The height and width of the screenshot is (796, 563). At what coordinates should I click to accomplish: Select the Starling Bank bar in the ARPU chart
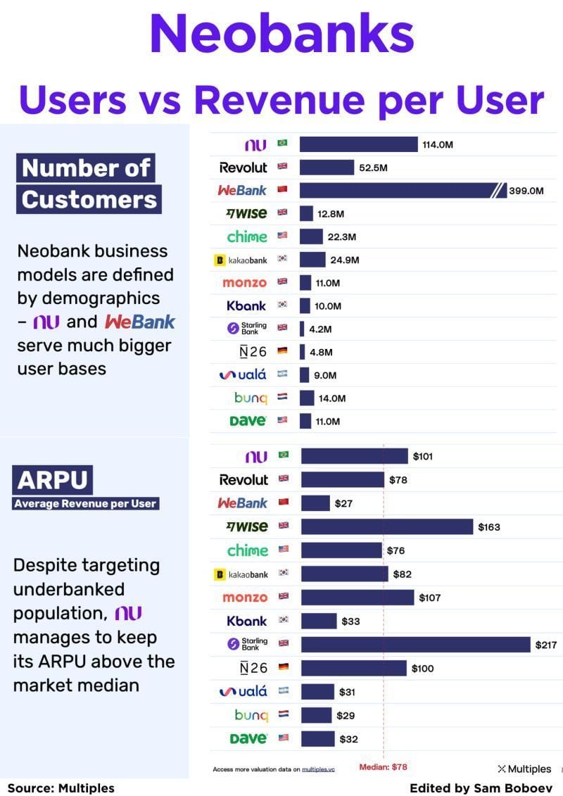[415, 644]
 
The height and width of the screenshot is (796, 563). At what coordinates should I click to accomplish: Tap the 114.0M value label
[437, 144]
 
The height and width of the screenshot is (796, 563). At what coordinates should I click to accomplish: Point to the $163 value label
[489, 526]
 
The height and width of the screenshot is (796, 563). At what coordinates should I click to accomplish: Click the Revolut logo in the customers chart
[243, 168]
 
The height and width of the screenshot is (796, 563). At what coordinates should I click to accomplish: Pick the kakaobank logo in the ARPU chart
[241, 574]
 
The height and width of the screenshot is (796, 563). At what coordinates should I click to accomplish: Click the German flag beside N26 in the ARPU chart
[284, 668]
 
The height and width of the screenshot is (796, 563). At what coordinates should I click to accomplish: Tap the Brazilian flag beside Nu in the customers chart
[283, 144]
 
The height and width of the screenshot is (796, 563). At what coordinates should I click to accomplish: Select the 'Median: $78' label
[383, 767]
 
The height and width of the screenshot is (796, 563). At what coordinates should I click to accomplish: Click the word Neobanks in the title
[281, 35]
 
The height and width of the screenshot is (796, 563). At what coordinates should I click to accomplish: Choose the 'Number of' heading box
[86, 169]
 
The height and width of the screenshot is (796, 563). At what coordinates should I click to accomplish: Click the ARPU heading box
[53, 481]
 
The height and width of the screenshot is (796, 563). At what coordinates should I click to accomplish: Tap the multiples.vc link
[318, 769]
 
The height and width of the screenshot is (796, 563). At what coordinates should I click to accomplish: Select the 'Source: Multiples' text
[61, 788]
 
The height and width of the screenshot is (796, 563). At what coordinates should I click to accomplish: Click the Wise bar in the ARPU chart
[386, 526]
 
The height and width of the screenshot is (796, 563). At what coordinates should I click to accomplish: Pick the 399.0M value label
[526, 190]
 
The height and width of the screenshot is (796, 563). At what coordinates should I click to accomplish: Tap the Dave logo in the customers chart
[248, 421]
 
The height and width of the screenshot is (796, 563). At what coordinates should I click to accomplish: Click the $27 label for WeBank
[343, 503]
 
